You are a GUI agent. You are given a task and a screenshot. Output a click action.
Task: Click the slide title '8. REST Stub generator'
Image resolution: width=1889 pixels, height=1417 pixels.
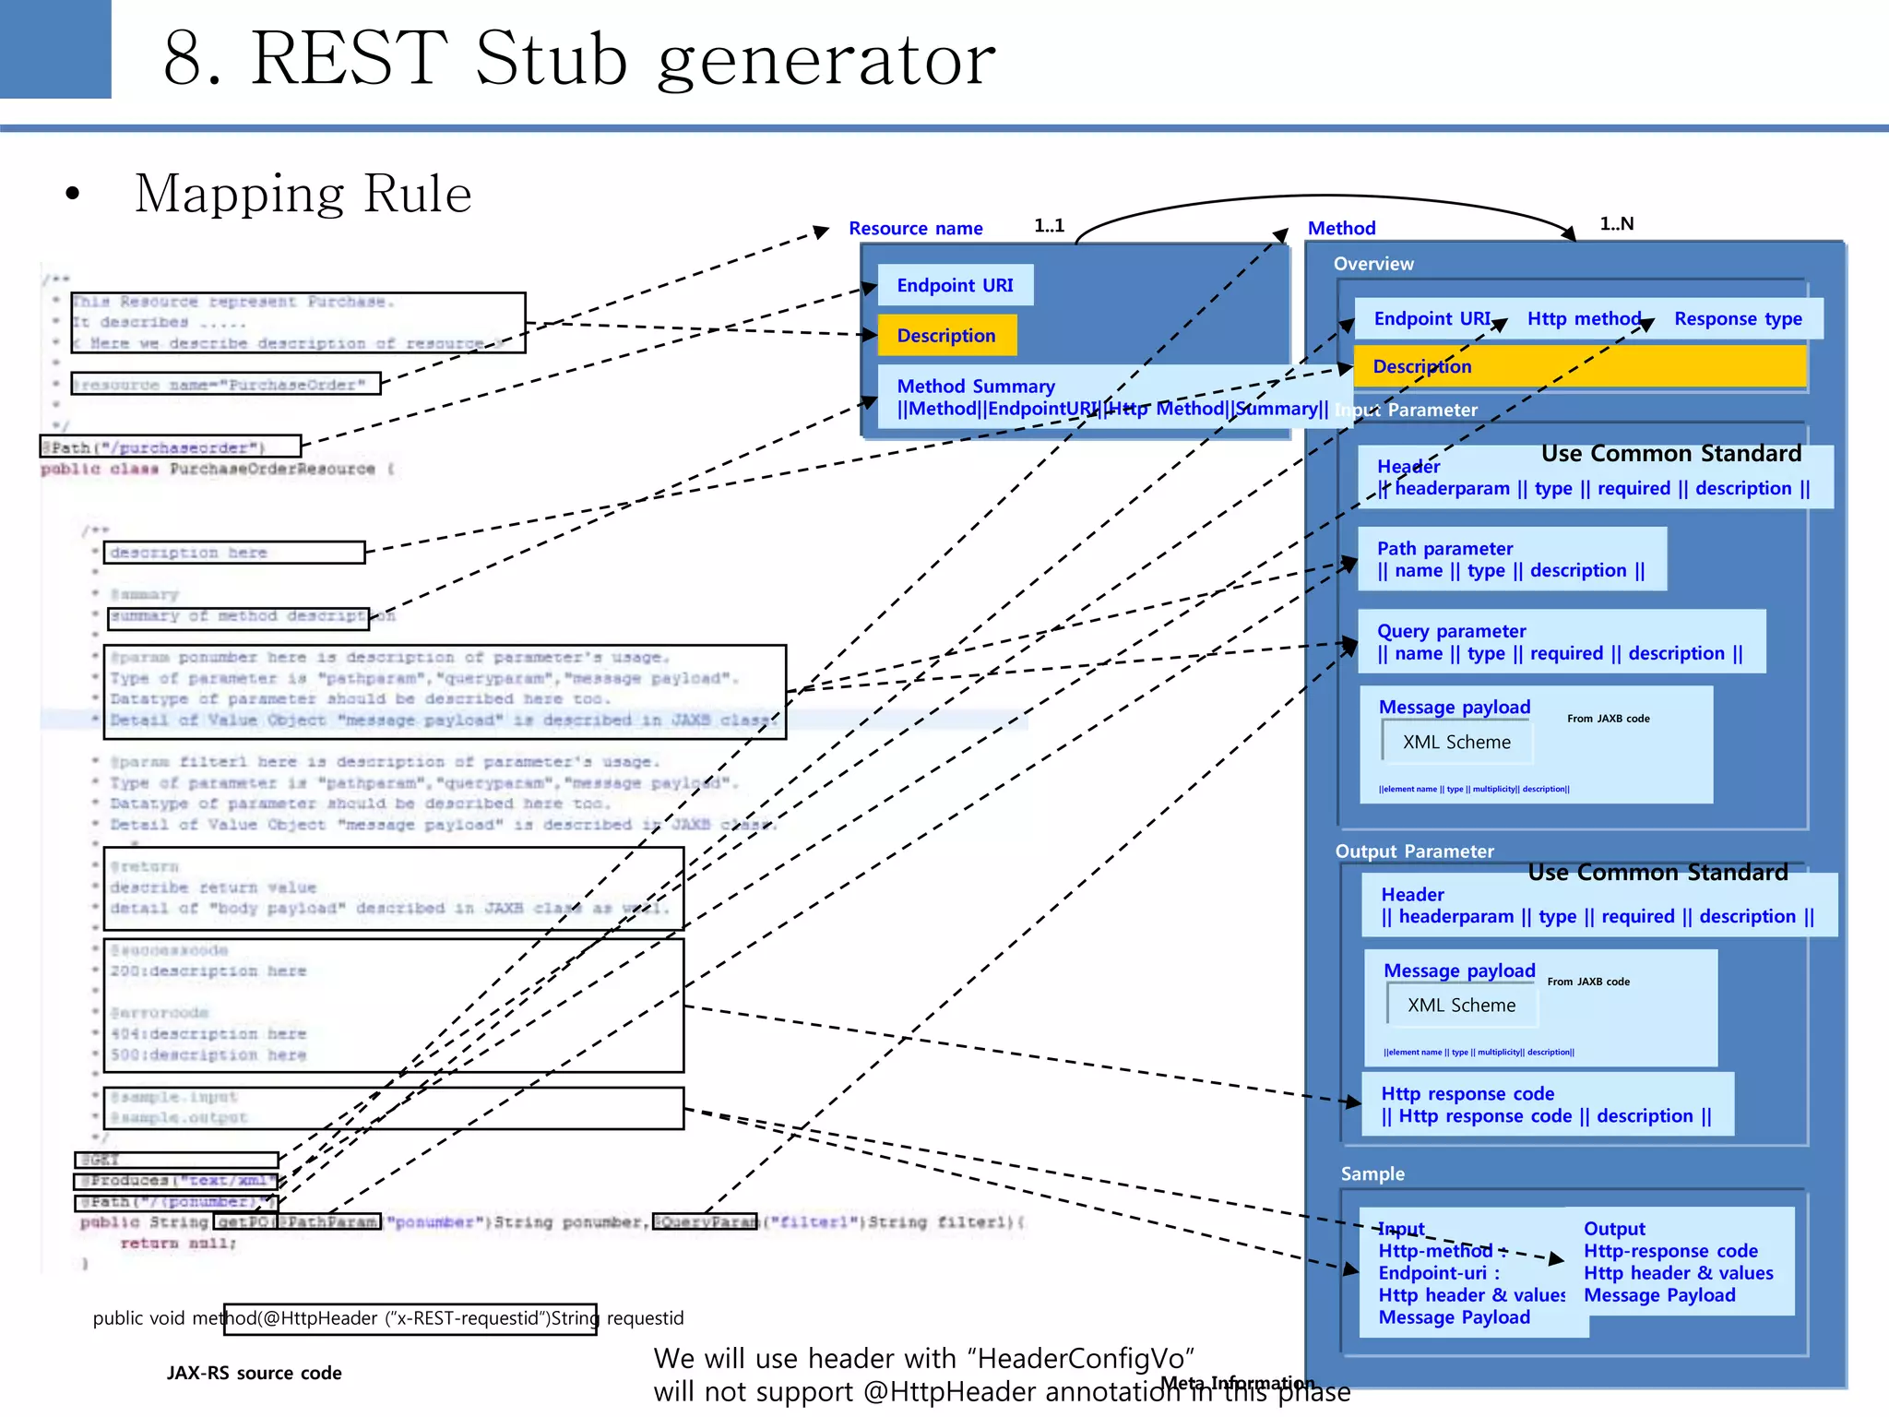578,59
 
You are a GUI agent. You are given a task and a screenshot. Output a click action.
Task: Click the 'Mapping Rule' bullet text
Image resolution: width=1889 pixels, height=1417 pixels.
303,194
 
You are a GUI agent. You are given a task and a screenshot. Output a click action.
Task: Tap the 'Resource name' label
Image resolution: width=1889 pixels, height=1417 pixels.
915,228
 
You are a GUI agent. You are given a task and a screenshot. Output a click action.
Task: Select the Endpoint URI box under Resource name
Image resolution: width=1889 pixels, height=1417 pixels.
955,285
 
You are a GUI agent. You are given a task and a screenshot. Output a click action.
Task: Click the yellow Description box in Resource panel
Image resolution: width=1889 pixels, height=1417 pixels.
946,336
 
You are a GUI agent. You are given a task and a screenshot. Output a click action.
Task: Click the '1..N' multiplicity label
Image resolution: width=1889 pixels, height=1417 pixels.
1616,224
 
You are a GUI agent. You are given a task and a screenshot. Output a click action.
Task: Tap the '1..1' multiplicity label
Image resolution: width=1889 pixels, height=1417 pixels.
1049,226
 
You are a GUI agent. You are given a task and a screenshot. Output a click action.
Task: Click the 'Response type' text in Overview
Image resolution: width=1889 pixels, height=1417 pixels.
1738,319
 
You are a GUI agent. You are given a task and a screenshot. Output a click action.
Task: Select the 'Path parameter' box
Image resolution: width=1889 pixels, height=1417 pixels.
1511,559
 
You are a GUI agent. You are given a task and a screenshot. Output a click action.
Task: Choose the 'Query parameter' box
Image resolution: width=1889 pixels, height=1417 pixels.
1561,642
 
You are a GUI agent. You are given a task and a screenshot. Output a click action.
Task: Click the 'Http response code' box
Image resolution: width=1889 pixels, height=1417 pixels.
1547,1104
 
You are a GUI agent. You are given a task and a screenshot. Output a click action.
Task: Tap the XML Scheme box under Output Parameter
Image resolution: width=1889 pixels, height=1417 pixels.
1461,1006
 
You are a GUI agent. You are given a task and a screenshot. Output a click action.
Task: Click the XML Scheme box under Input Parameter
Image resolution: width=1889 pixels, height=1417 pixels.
1456,743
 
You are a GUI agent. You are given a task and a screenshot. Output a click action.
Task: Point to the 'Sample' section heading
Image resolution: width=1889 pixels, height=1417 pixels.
1372,1173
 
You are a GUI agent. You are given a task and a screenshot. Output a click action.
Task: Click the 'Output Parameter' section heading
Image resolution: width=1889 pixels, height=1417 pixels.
1414,851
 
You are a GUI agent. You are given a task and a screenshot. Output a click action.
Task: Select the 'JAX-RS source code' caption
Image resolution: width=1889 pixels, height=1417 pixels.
254,1373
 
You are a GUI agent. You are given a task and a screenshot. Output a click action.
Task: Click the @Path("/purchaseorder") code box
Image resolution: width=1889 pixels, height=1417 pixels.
171,447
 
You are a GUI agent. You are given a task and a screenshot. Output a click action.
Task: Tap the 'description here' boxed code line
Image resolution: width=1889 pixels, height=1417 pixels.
234,553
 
